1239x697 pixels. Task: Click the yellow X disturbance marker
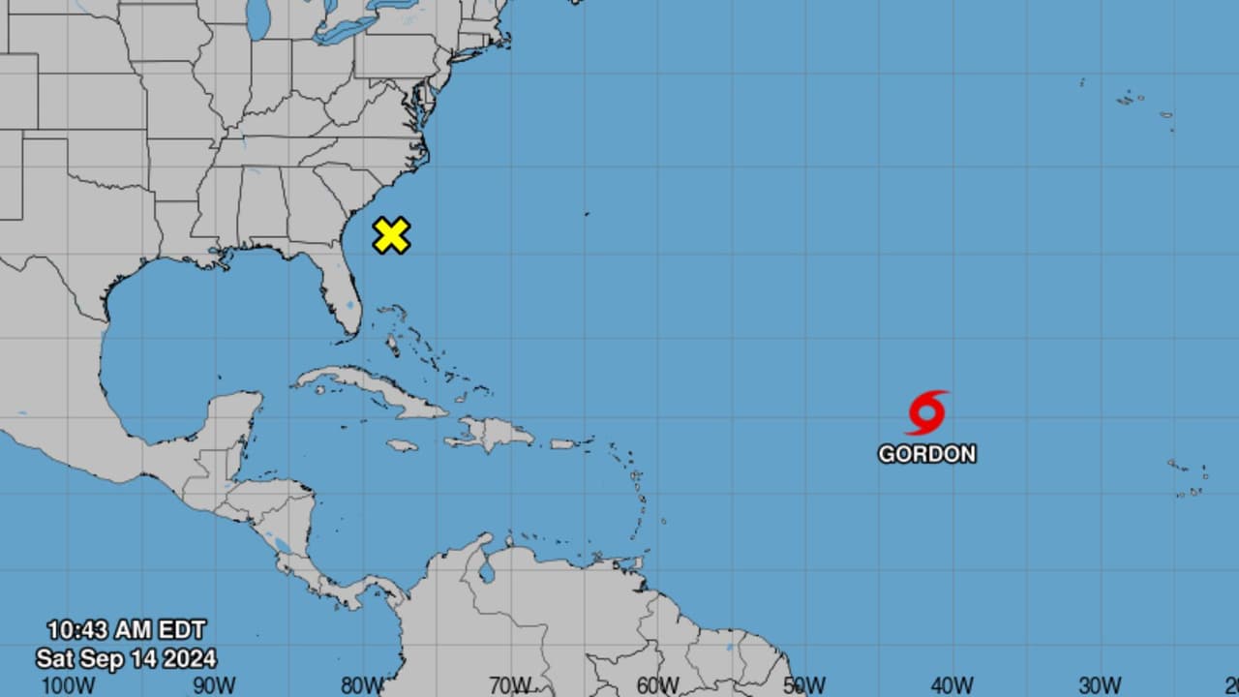point(391,235)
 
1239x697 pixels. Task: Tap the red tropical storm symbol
point(926,413)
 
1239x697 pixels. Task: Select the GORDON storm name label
point(926,453)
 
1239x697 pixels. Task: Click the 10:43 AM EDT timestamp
point(126,630)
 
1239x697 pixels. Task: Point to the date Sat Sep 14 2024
point(126,659)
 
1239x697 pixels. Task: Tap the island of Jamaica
point(402,445)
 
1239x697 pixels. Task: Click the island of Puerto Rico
point(563,444)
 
